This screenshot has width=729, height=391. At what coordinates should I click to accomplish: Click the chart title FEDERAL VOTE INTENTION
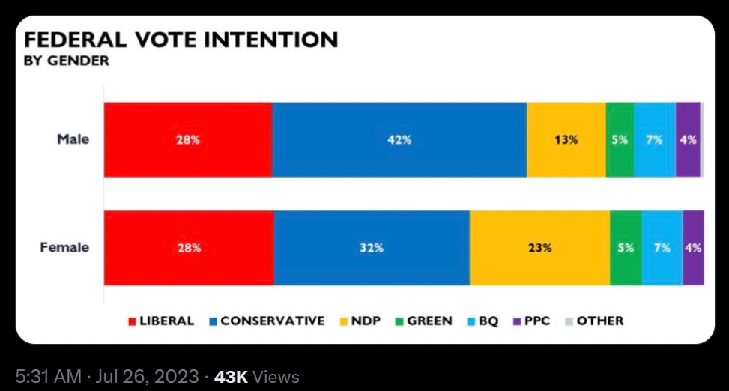(181, 40)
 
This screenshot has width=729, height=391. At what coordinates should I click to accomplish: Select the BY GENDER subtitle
(67, 61)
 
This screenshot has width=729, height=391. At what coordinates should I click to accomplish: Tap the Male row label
(73, 139)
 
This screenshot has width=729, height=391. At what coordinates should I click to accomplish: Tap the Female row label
(64, 247)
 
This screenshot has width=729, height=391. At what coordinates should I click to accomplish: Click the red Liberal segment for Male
(187, 139)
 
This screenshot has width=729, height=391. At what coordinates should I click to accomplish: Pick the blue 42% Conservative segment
(399, 139)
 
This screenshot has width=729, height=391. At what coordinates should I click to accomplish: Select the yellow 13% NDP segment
(566, 139)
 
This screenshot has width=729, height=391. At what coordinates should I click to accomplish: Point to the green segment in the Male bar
(620, 139)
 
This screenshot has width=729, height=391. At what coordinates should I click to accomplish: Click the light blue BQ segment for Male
(654, 139)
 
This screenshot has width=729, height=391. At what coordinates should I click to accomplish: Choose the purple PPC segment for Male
(688, 139)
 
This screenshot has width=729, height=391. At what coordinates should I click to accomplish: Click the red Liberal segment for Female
(189, 248)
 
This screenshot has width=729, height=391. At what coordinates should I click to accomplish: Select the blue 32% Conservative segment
(372, 248)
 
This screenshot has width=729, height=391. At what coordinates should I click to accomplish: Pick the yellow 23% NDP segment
(539, 248)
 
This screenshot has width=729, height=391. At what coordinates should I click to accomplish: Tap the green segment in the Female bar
(626, 248)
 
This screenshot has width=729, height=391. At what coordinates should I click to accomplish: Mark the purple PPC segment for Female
(693, 248)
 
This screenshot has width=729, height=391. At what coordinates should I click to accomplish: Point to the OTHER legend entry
(593, 321)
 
